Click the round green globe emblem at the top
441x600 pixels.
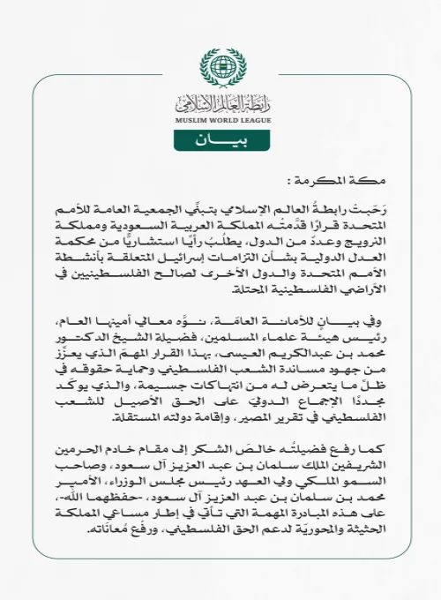click(x=220, y=67)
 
